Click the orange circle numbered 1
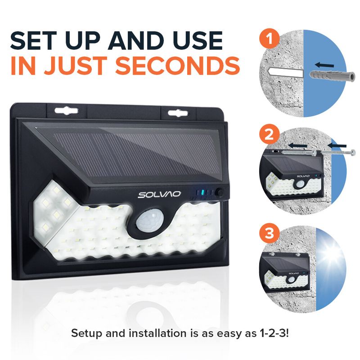[x=270, y=38]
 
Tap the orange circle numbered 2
[x=269, y=135]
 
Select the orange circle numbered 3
[x=269, y=233]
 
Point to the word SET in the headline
[x=33, y=40]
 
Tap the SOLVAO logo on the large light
[x=159, y=194]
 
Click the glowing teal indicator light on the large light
[x=202, y=192]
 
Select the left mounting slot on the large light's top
[x=66, y=111]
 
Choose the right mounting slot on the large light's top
[x=178, y=113]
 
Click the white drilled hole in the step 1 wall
[x=286, y=72]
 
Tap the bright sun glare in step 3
[x=329, y=254]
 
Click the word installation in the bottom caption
[x=157, y=333]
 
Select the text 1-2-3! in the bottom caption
[x=274, y=333]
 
